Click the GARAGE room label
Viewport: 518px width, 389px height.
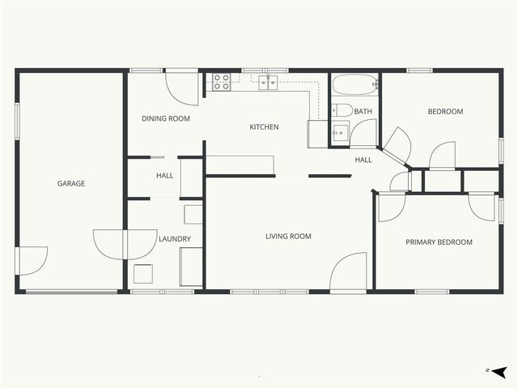71,183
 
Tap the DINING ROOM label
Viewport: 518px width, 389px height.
166,118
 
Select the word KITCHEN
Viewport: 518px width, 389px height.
264,127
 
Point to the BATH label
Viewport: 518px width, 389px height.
363,112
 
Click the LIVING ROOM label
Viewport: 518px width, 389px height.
289,237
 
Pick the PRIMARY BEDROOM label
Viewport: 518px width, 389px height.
439,242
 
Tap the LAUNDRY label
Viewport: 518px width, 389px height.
175,239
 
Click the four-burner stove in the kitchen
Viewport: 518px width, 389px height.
222,81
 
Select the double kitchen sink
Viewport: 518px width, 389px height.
269,82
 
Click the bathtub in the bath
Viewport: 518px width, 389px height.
355,83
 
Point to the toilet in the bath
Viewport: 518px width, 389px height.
342,110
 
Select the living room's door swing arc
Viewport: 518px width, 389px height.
350,271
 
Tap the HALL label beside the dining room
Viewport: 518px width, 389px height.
165,176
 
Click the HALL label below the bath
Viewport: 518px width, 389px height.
363,160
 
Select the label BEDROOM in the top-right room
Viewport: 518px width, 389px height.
445,112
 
